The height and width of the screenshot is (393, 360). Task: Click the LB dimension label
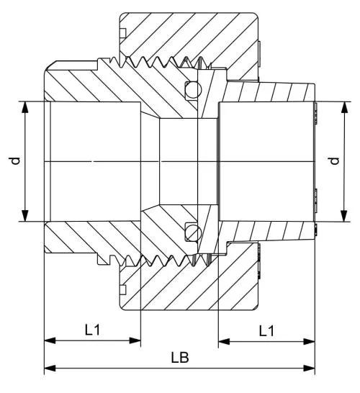click(x=179, y=358)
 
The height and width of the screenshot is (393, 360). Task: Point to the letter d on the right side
click(x=333, y=162)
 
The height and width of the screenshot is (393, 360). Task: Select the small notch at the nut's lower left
click(x=123, y=290)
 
